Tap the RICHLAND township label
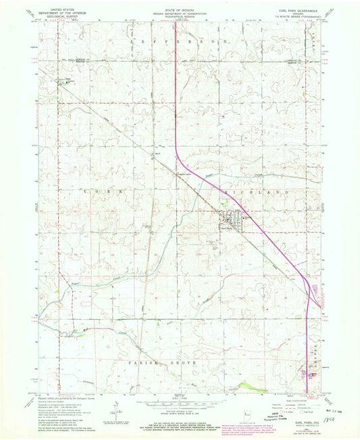coord(249,193)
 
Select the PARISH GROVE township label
coord(151,362)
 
